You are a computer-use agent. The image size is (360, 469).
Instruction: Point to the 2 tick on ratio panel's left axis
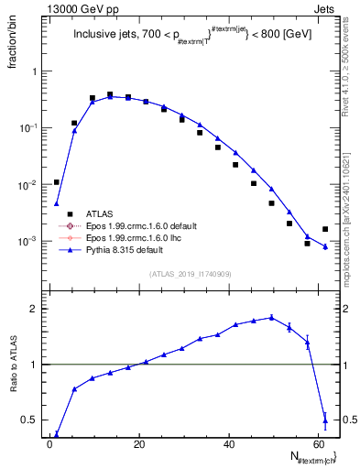click(x=30, y=310)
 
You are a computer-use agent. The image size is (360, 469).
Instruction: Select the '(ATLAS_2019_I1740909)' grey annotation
click(x=191, y=275)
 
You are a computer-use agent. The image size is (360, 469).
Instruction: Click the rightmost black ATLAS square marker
click(x=325, y=229)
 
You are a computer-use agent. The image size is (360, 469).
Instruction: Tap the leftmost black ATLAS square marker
click(x=57, y=182)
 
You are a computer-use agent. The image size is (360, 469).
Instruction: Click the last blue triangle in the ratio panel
click(x=325, y=420)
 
